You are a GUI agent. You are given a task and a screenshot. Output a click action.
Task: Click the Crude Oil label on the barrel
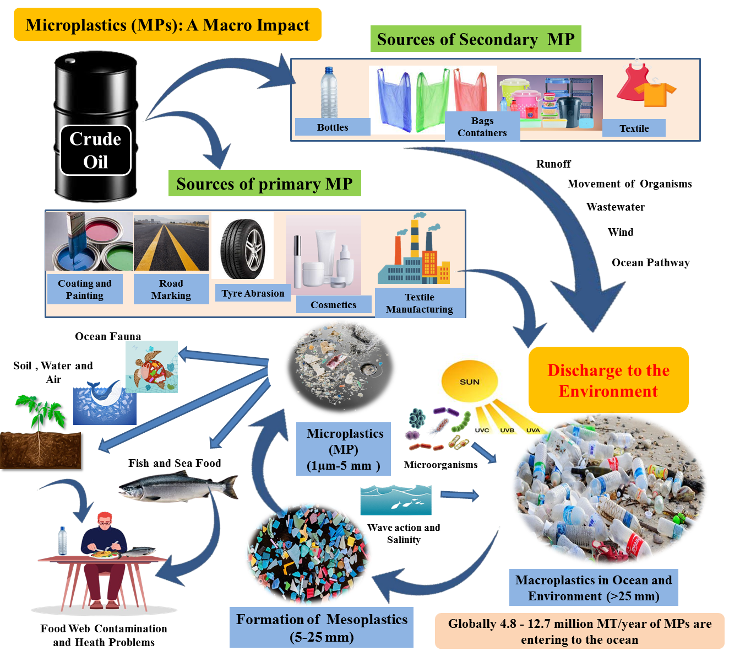(x=95, y=150)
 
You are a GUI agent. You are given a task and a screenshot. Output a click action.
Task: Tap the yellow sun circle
(x=469, y=381)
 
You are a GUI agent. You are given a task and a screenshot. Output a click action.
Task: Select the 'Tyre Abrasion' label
(x=253, y=293)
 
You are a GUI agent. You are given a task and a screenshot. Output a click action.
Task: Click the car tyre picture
(x=243, y=248)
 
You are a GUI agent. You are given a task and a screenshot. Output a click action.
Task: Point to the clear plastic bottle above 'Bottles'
(x=329, y=92)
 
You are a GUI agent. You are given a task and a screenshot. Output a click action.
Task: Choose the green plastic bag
(x=432, y=100)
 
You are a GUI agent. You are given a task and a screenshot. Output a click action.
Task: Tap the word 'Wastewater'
(x=615, y=207)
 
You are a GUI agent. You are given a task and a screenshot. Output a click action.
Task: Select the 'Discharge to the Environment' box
(x=608, y=379)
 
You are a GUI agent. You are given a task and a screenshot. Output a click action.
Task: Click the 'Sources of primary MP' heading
(x=264, y=184)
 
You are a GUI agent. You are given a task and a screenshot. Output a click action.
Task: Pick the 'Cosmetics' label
(x=334, y=304)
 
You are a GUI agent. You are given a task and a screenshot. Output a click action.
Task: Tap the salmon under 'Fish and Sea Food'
(x=178, y=486)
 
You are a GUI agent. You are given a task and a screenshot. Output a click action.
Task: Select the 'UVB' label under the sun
(x=507, y=430)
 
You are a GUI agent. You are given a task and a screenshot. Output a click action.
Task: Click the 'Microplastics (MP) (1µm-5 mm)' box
(x=344, y=449)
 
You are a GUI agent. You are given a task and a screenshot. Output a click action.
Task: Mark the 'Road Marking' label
(x=171, y=289)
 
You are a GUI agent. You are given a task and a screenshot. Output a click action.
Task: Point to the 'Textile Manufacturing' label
(x=420, y=303)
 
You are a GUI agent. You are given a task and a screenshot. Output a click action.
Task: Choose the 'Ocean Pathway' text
(x=650, y=262)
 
